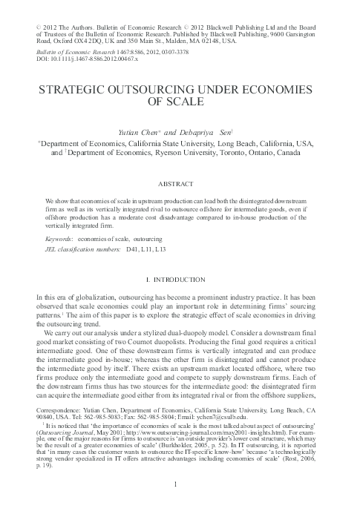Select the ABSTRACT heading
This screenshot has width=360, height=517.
(179, 181)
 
